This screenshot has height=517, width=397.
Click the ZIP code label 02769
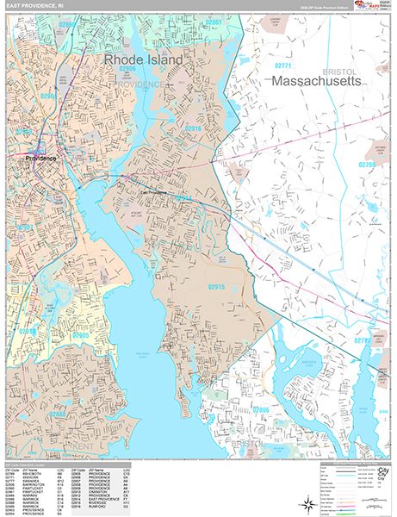coord(368,164)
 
